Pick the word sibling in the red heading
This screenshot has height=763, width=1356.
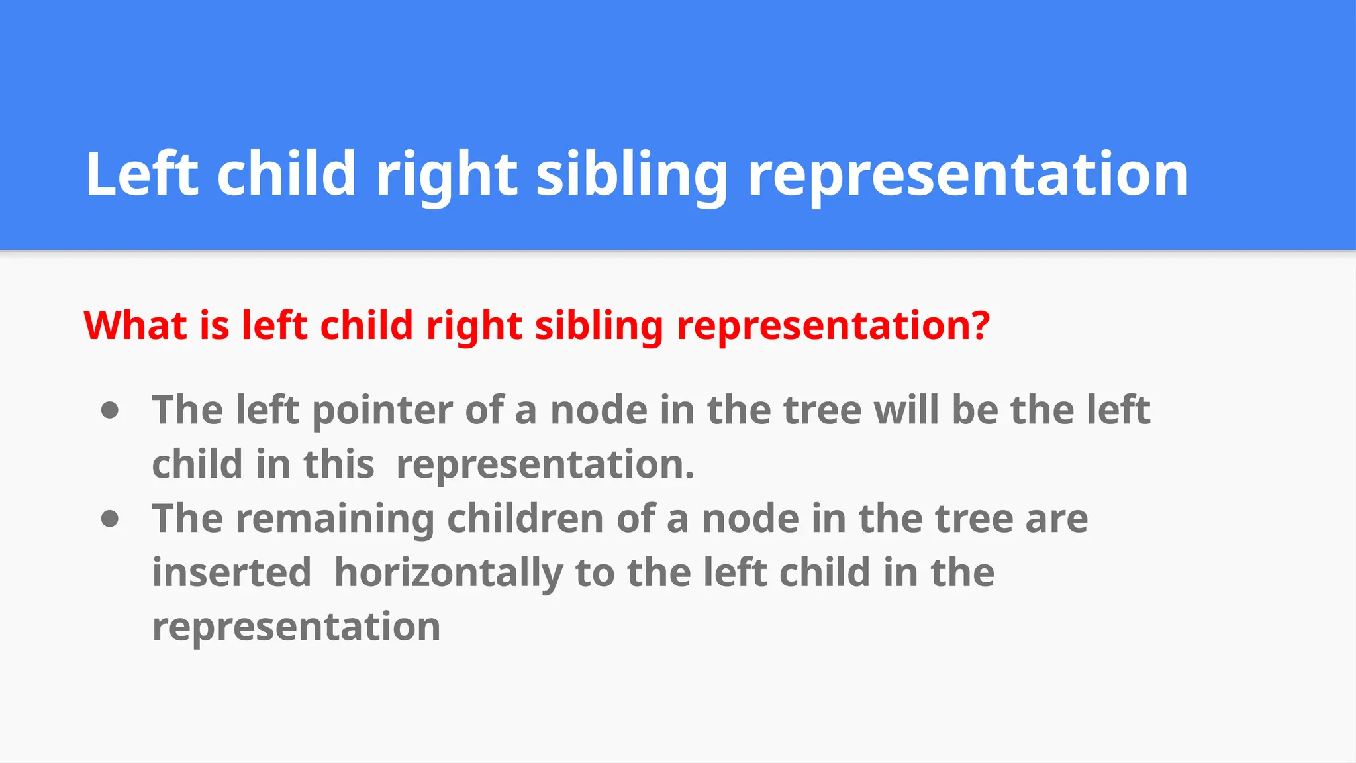click(599, 326)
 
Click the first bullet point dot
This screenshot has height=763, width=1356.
click(110, 411)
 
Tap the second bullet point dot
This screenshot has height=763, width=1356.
click(110, 519)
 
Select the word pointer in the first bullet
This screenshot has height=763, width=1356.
click(382, 411)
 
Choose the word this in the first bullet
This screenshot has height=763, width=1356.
click(338, 464)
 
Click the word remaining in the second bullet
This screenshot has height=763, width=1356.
click(335, 519)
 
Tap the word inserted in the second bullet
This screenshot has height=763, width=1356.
click(232, 573)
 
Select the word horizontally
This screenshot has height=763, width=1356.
click(448, 573)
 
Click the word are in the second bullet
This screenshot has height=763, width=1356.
click(1056, 519)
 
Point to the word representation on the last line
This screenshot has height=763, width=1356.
click(296, 627)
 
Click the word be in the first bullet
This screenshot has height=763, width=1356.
click(975, 411)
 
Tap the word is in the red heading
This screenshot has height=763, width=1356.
click(215, 326)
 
